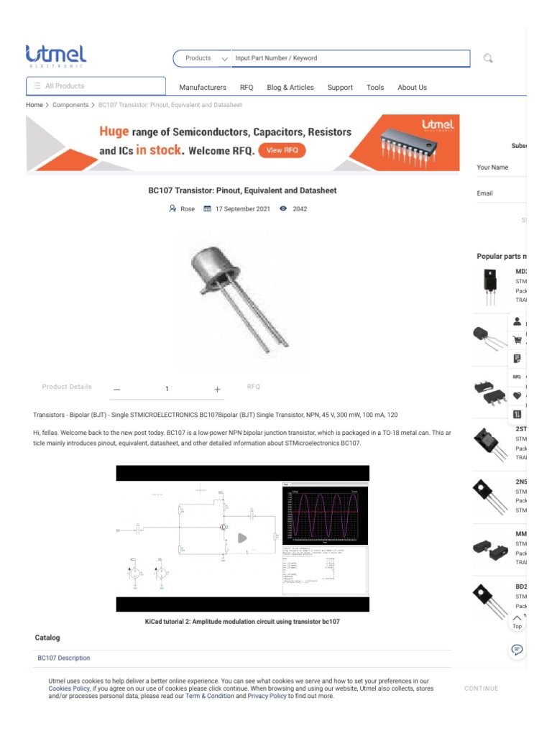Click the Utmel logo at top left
point(56,56)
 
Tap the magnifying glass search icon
point(488,58)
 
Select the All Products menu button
point(96,86)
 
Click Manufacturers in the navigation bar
point(203,88)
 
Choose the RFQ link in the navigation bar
point(247,88)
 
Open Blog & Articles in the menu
point(290,88)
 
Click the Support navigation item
point(340,88)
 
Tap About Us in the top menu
point(412,88)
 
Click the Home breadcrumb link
point(34,105)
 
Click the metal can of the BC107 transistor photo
point(213,263)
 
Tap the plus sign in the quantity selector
point(217,389)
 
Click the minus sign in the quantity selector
point(117,390)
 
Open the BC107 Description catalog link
point(64,658)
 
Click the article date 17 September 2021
point(242,209)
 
